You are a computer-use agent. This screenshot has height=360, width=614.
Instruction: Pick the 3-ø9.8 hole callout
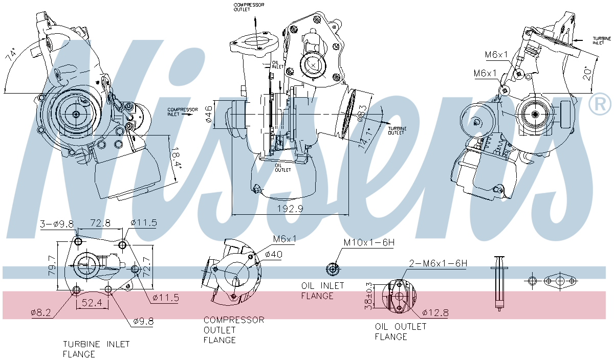coord(57,223)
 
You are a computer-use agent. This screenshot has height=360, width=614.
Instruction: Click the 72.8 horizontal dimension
coord(101,223)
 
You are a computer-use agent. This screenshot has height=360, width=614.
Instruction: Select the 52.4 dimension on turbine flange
coord(92,303)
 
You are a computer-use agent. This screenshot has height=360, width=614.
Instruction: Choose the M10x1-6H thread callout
coord(369,243)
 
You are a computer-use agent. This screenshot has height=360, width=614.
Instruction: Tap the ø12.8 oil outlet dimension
coord(435,312)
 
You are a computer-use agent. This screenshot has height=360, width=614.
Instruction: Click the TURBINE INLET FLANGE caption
coord(96,349)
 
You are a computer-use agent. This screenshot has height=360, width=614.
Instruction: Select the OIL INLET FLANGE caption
coord(322,290)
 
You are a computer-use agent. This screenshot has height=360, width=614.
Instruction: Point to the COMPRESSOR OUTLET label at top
coord(249,8)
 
